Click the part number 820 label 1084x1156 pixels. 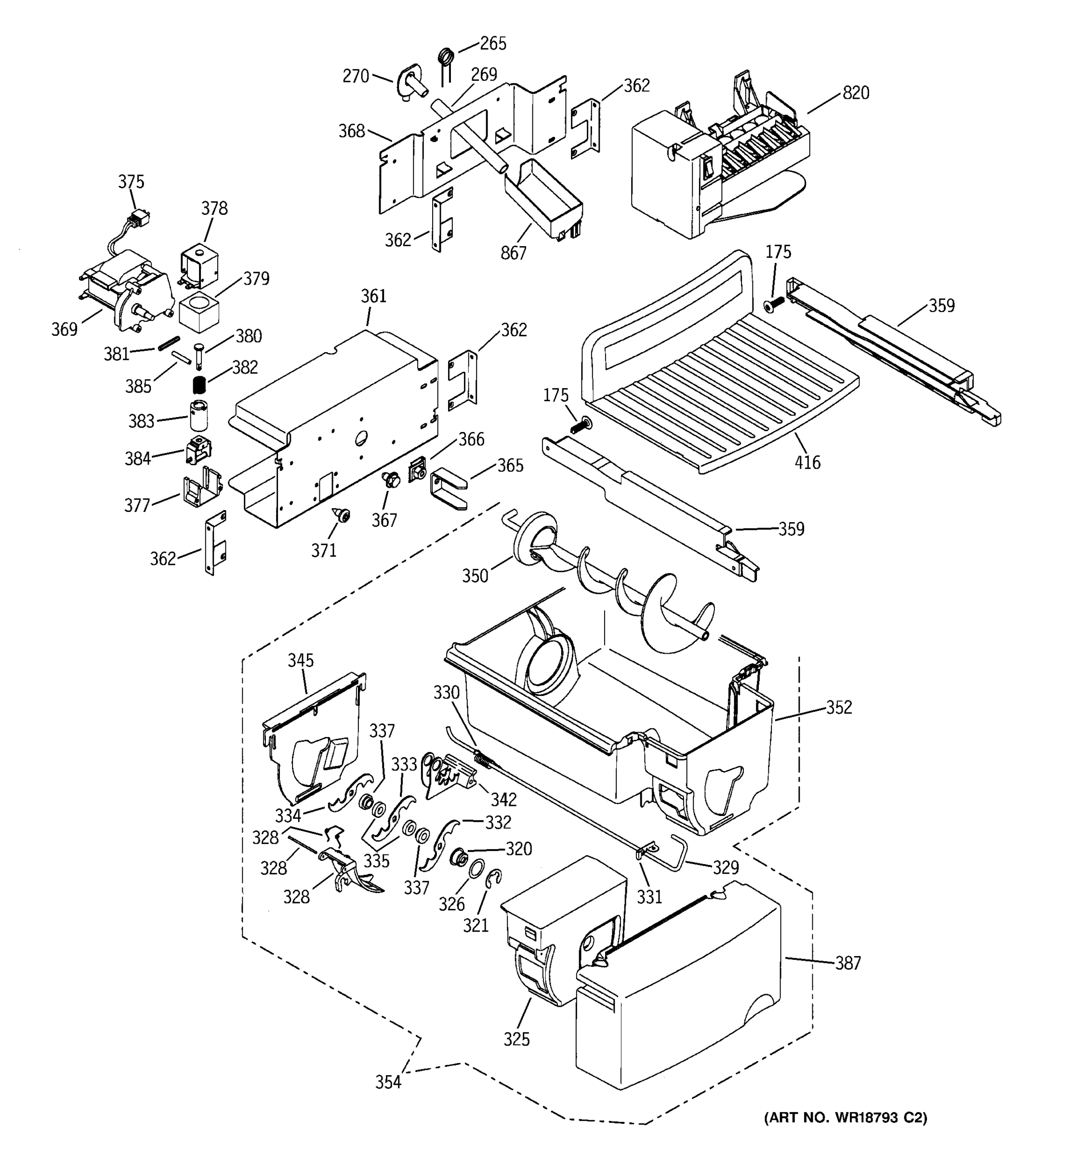856,93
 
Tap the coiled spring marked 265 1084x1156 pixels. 446,57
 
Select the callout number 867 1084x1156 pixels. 513,253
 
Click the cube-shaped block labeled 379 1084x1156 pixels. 199,312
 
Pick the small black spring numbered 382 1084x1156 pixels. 200,384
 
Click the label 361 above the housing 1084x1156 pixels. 373,297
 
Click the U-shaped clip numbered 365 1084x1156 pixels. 448,487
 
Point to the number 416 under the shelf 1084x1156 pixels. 807,462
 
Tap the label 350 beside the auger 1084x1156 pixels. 475,576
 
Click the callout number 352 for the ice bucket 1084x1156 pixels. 839,707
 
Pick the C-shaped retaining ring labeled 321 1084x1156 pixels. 493,880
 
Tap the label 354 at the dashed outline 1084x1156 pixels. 388,1082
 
